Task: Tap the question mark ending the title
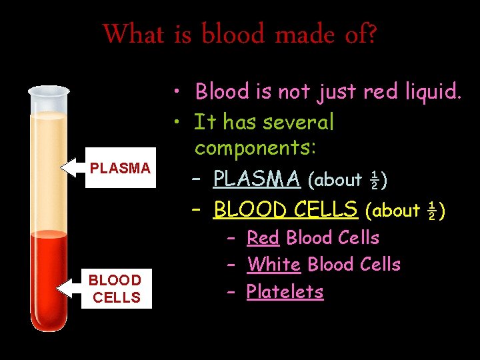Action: point(370,33)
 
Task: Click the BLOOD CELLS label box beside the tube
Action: point(117,289)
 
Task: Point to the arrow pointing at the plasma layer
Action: point(73,168)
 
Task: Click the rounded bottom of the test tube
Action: point(49,323)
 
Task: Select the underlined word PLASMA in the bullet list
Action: point(257,179)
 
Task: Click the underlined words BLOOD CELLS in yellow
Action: point(285,209)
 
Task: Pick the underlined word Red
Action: point(263,237)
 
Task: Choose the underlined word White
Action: point(274,264)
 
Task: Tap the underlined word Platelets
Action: point(285,291)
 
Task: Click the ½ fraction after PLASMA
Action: point(375,180)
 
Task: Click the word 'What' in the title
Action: point(133,33)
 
